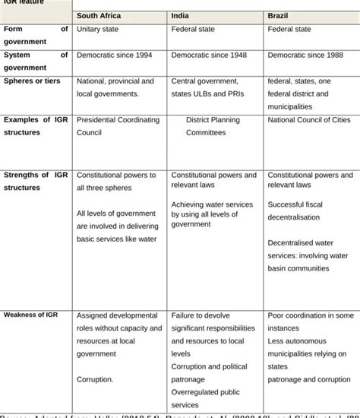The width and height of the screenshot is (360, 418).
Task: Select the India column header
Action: click(182, 15)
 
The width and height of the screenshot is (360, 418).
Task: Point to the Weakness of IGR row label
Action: click(32, 315)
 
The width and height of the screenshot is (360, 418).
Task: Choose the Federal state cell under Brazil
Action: click(289, 30)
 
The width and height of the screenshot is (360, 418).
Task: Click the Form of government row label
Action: click(36, 36)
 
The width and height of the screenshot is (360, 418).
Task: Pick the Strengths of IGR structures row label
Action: click(36, 182)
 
